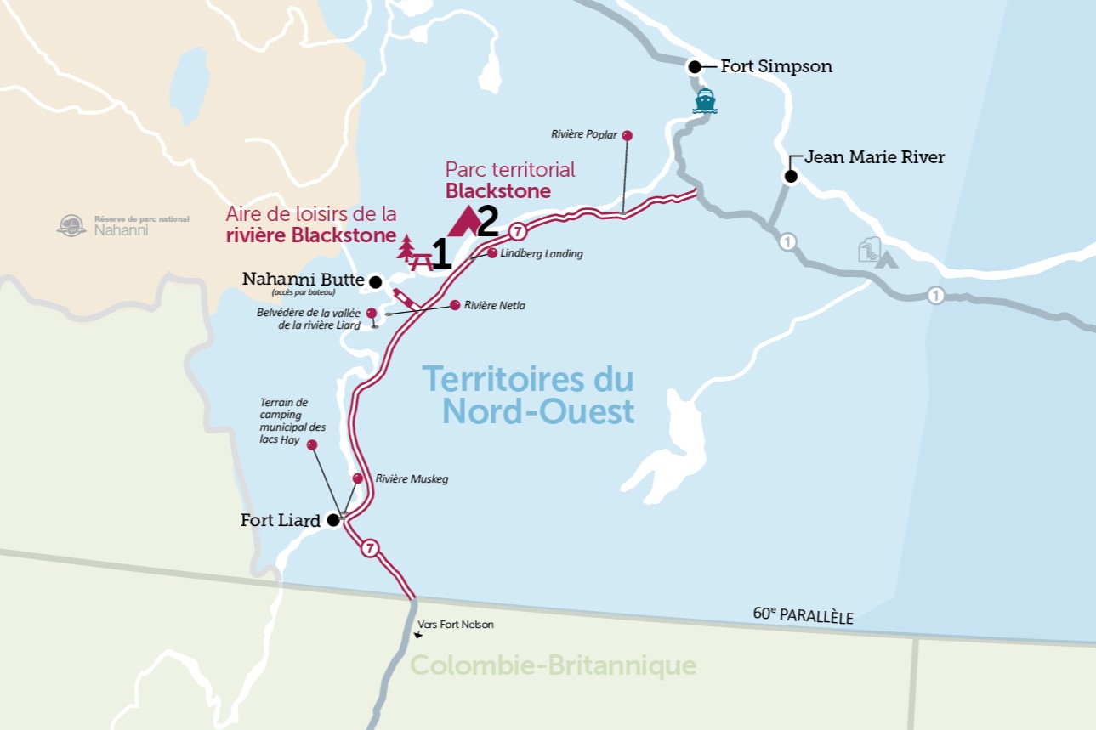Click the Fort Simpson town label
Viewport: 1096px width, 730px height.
click(x=775, y=66)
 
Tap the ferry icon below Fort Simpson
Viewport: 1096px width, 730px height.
click(x=705, y=101)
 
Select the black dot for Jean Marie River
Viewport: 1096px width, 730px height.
click(x=791, y=177)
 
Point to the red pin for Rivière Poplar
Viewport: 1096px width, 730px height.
click(x=627, y=135)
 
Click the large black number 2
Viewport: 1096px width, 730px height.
click(x=487, y=222)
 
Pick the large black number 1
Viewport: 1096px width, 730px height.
click(x=440, y=255)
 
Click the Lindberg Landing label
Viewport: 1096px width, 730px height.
click(x=542, y=253)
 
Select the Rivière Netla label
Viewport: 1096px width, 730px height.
click(x=495, y=305)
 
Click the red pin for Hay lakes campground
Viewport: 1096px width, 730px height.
click(x=312, y=445)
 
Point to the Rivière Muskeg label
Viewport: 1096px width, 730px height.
click(x=412, y=479)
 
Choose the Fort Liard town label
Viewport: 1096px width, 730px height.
click(x=281, y=521)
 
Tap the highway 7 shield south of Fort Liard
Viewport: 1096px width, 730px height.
click(x=369, y=548)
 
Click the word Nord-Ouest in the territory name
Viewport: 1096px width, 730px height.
click(x=538, y=412)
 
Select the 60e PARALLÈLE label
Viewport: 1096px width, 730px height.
click(x=803, y=614)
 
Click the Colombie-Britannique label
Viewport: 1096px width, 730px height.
click(x=554, y=665)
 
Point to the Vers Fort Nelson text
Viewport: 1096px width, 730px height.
click(x=455, y=625)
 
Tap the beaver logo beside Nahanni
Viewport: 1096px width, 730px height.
click(x=71, y=225)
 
